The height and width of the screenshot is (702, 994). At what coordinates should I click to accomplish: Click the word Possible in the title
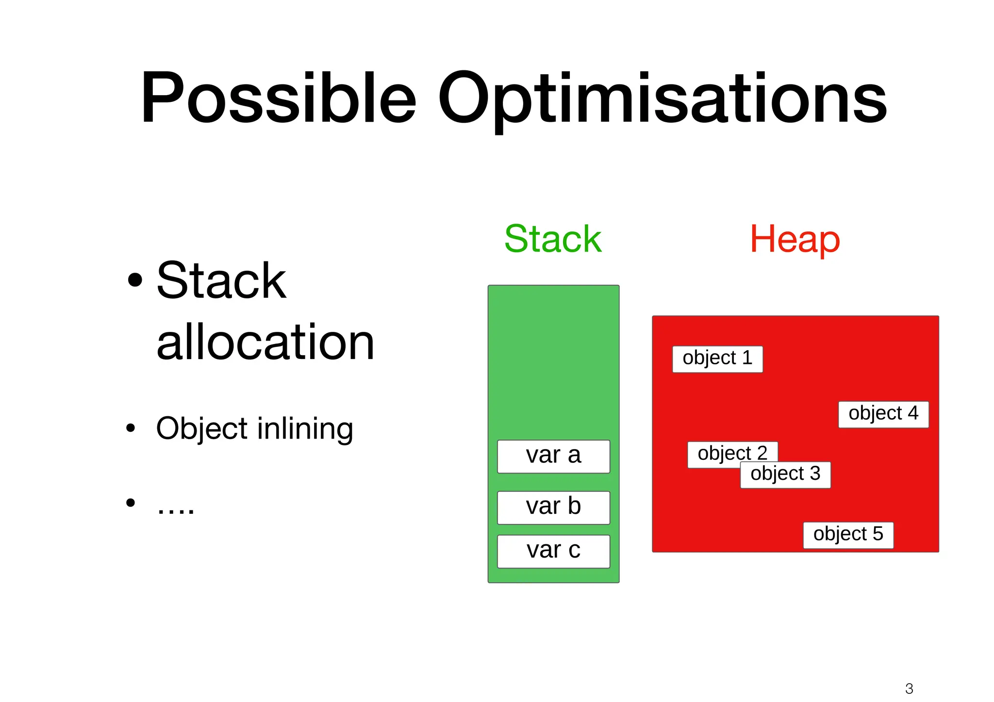click(278, 98)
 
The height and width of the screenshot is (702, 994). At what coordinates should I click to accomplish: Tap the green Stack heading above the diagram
click(553, 239)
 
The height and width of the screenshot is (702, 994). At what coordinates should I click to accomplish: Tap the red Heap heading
click(795, 239)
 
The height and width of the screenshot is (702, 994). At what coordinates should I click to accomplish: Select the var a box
click(553, 456)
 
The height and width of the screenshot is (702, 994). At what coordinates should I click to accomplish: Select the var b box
click(553, 507)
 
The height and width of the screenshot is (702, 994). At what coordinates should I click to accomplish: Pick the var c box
click(553, 551)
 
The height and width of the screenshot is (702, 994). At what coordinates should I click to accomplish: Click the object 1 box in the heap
click(717, 359)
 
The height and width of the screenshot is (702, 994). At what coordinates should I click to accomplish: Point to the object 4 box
click(883, 414)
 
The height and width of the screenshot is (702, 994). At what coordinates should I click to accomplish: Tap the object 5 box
click(848, 535)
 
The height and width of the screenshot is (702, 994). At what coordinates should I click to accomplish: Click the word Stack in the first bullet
click(221, 281)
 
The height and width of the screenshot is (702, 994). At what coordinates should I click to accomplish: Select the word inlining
click(305, 429)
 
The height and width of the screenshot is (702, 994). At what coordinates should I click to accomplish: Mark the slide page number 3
click(909, 688)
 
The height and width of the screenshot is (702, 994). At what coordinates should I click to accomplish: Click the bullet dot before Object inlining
click(130, 428)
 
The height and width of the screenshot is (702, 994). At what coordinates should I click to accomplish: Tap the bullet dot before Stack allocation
click(135, 280)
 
